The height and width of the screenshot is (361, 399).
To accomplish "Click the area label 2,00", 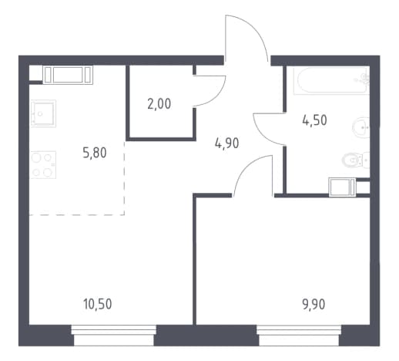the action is [159, 104].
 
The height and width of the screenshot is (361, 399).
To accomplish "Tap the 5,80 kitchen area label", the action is [95, 153].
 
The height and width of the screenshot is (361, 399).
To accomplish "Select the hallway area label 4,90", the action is [226, 143].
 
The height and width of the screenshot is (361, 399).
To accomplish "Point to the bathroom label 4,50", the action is [314, 120].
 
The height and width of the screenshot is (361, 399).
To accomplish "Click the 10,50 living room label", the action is [98, 304].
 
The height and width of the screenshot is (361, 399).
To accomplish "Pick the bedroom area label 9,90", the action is [313, 305].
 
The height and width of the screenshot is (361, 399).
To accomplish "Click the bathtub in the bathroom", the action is [331, 80].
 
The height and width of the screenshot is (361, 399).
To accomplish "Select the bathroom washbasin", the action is [361, 127].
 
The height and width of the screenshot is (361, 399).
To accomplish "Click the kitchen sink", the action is [43, 113].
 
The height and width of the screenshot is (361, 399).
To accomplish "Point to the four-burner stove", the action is [43, 165].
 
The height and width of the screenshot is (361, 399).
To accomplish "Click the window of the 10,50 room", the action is [114, 336].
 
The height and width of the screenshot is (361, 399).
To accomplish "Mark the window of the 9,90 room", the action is [299, 336].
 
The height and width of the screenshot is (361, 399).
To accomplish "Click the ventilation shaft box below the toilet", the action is [342, 187].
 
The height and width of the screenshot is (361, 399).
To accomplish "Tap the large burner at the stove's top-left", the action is [36, 157].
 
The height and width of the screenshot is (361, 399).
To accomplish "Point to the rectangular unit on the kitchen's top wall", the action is [68, 75].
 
